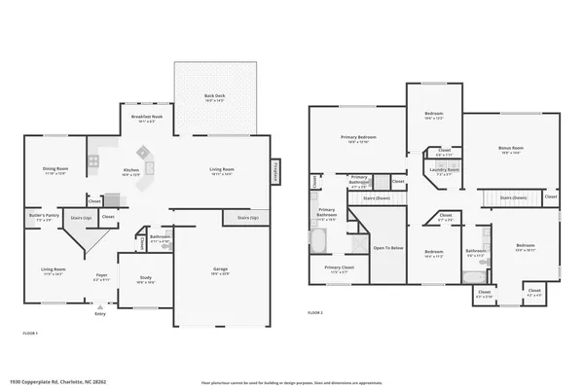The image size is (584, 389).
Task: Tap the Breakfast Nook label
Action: [147, 120]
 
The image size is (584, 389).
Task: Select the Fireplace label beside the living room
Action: [275, 172]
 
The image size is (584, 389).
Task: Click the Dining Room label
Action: [55, 171]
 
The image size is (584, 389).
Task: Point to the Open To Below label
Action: [387, 248]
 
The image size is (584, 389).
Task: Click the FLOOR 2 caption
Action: [314, 313]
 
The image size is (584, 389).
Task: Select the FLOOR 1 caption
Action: [30, 333]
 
